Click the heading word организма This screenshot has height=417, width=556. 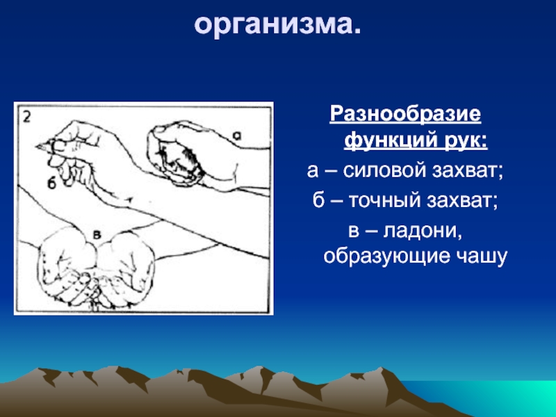[277, 25]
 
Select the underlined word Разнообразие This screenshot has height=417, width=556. [405, 114]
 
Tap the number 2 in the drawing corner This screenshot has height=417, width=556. [27, 117]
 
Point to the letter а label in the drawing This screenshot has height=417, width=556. [237, 135]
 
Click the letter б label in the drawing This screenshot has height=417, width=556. [51, 183]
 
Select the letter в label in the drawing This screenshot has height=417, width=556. [97, 234]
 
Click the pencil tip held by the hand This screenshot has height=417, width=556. [37, 146]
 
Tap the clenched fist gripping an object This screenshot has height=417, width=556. [177, 153]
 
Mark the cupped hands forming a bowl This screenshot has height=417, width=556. [97, 270]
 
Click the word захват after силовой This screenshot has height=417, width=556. [468, 170]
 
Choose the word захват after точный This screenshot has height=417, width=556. [462, 201]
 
